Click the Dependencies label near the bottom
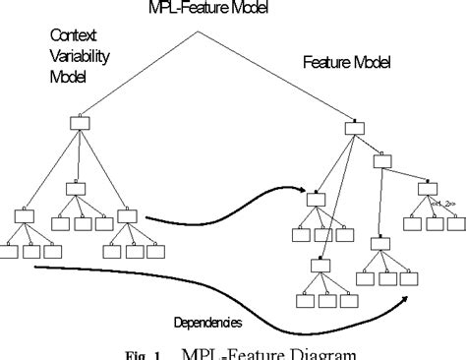click(207, 321)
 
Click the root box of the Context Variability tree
click(81, 123)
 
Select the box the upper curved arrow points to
click(316, 199)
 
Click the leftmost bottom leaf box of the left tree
click(9, 252)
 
